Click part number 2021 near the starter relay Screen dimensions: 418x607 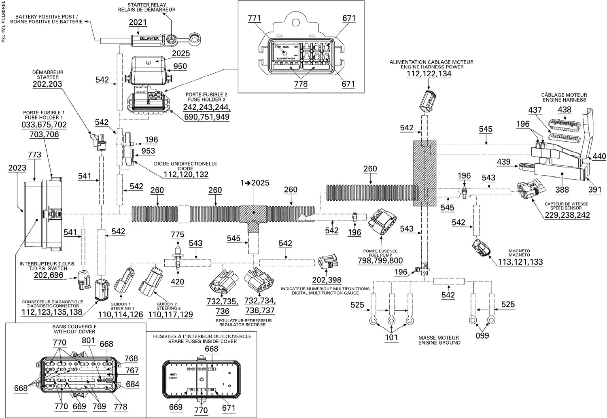[x=138, y=23]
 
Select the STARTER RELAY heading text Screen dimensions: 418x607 [x=146, y=5]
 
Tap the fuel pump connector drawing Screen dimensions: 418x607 [x=380, y=225]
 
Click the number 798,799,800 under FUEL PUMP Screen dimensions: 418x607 [x=380, y=261]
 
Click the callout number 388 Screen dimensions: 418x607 [x=562, y=190]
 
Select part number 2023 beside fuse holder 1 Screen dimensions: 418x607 [x=17, y=168]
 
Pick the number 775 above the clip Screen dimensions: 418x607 [x=177, y=235]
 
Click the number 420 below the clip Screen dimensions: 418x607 [x=177, y=282]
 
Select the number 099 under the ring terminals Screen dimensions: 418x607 [x=482, y=336]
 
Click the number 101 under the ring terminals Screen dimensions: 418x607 [x=391, y=337]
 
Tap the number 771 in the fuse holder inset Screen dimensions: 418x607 [x=254, y=18]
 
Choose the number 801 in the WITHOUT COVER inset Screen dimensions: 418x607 [x=88, y=341]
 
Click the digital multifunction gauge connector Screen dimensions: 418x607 [x=327, y=262]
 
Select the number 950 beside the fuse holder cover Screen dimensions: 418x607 [x=180, y=66]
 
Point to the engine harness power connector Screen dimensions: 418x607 [x=428, y=100]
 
